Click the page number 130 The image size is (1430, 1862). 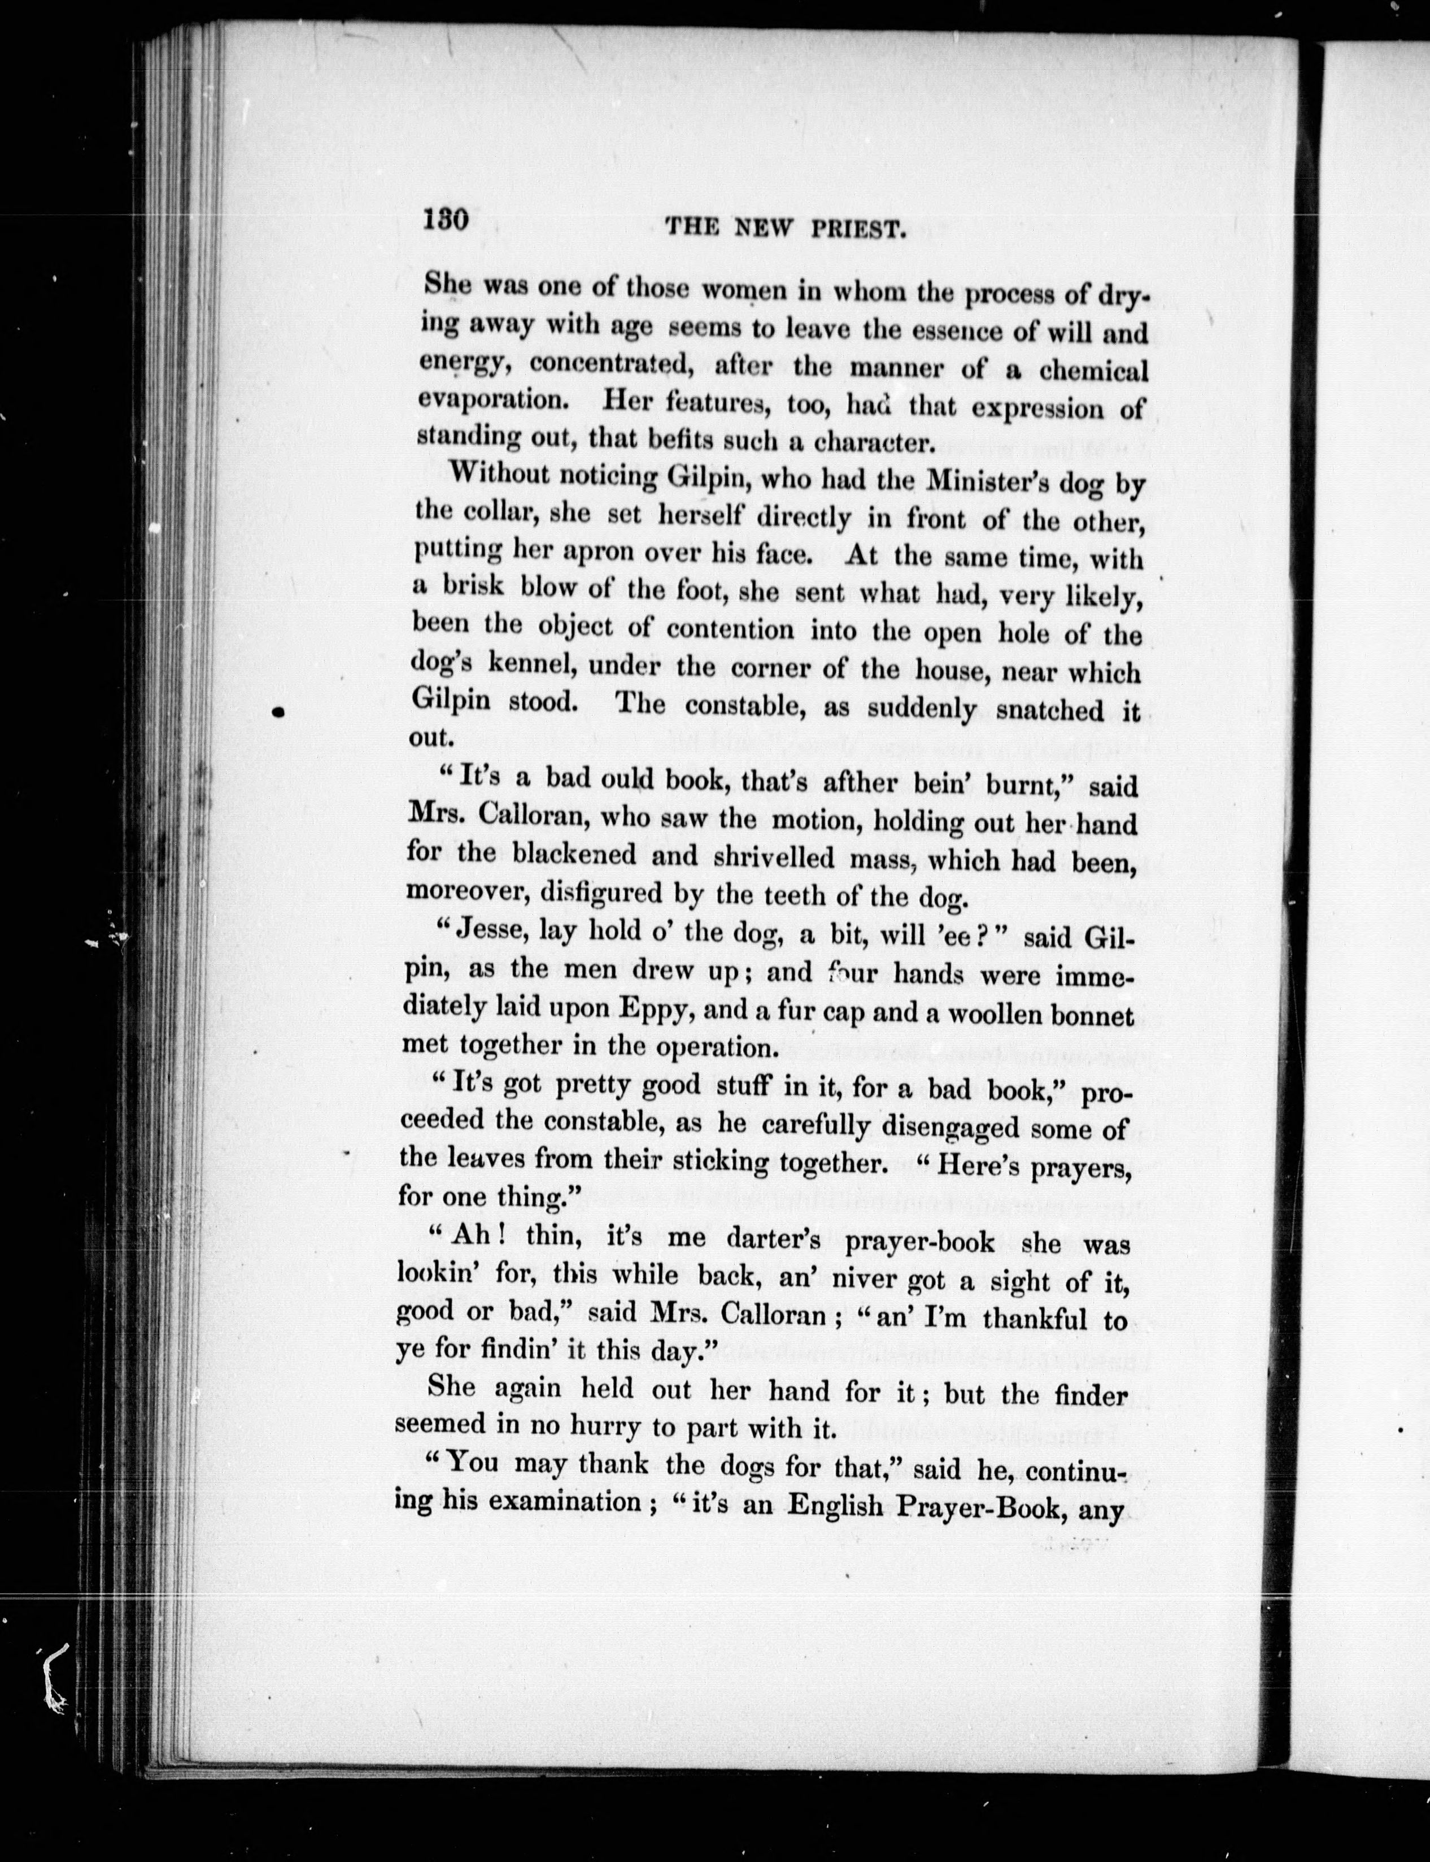(446, 221)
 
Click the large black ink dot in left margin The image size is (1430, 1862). (278, 712)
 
